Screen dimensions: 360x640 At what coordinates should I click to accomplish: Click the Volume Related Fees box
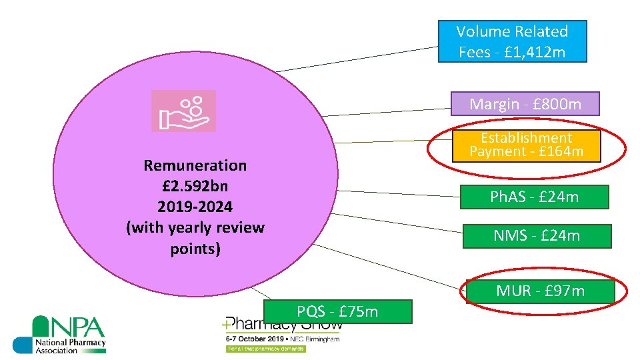tap(512, 41)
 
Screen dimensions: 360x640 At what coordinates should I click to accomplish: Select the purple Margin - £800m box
tap(525, 104)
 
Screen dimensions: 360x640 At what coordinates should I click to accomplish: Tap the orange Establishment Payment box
tap(526, 145)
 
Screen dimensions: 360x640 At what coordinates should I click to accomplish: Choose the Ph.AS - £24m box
tap(534, 197)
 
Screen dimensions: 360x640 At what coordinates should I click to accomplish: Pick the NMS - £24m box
tap(536, 236)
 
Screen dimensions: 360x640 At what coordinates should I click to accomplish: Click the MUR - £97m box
tap(540, 291)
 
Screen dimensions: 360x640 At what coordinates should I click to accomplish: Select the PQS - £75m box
tap(337, 311)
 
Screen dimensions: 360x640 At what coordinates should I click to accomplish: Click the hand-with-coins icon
tap(183, 111)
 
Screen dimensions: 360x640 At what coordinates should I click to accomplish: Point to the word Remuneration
tap(195, 165)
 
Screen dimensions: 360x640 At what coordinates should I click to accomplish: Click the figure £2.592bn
tap(195, 186)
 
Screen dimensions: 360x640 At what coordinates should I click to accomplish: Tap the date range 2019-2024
tap(195, 207)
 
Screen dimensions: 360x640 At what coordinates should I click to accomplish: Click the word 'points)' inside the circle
tap(195, 249)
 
